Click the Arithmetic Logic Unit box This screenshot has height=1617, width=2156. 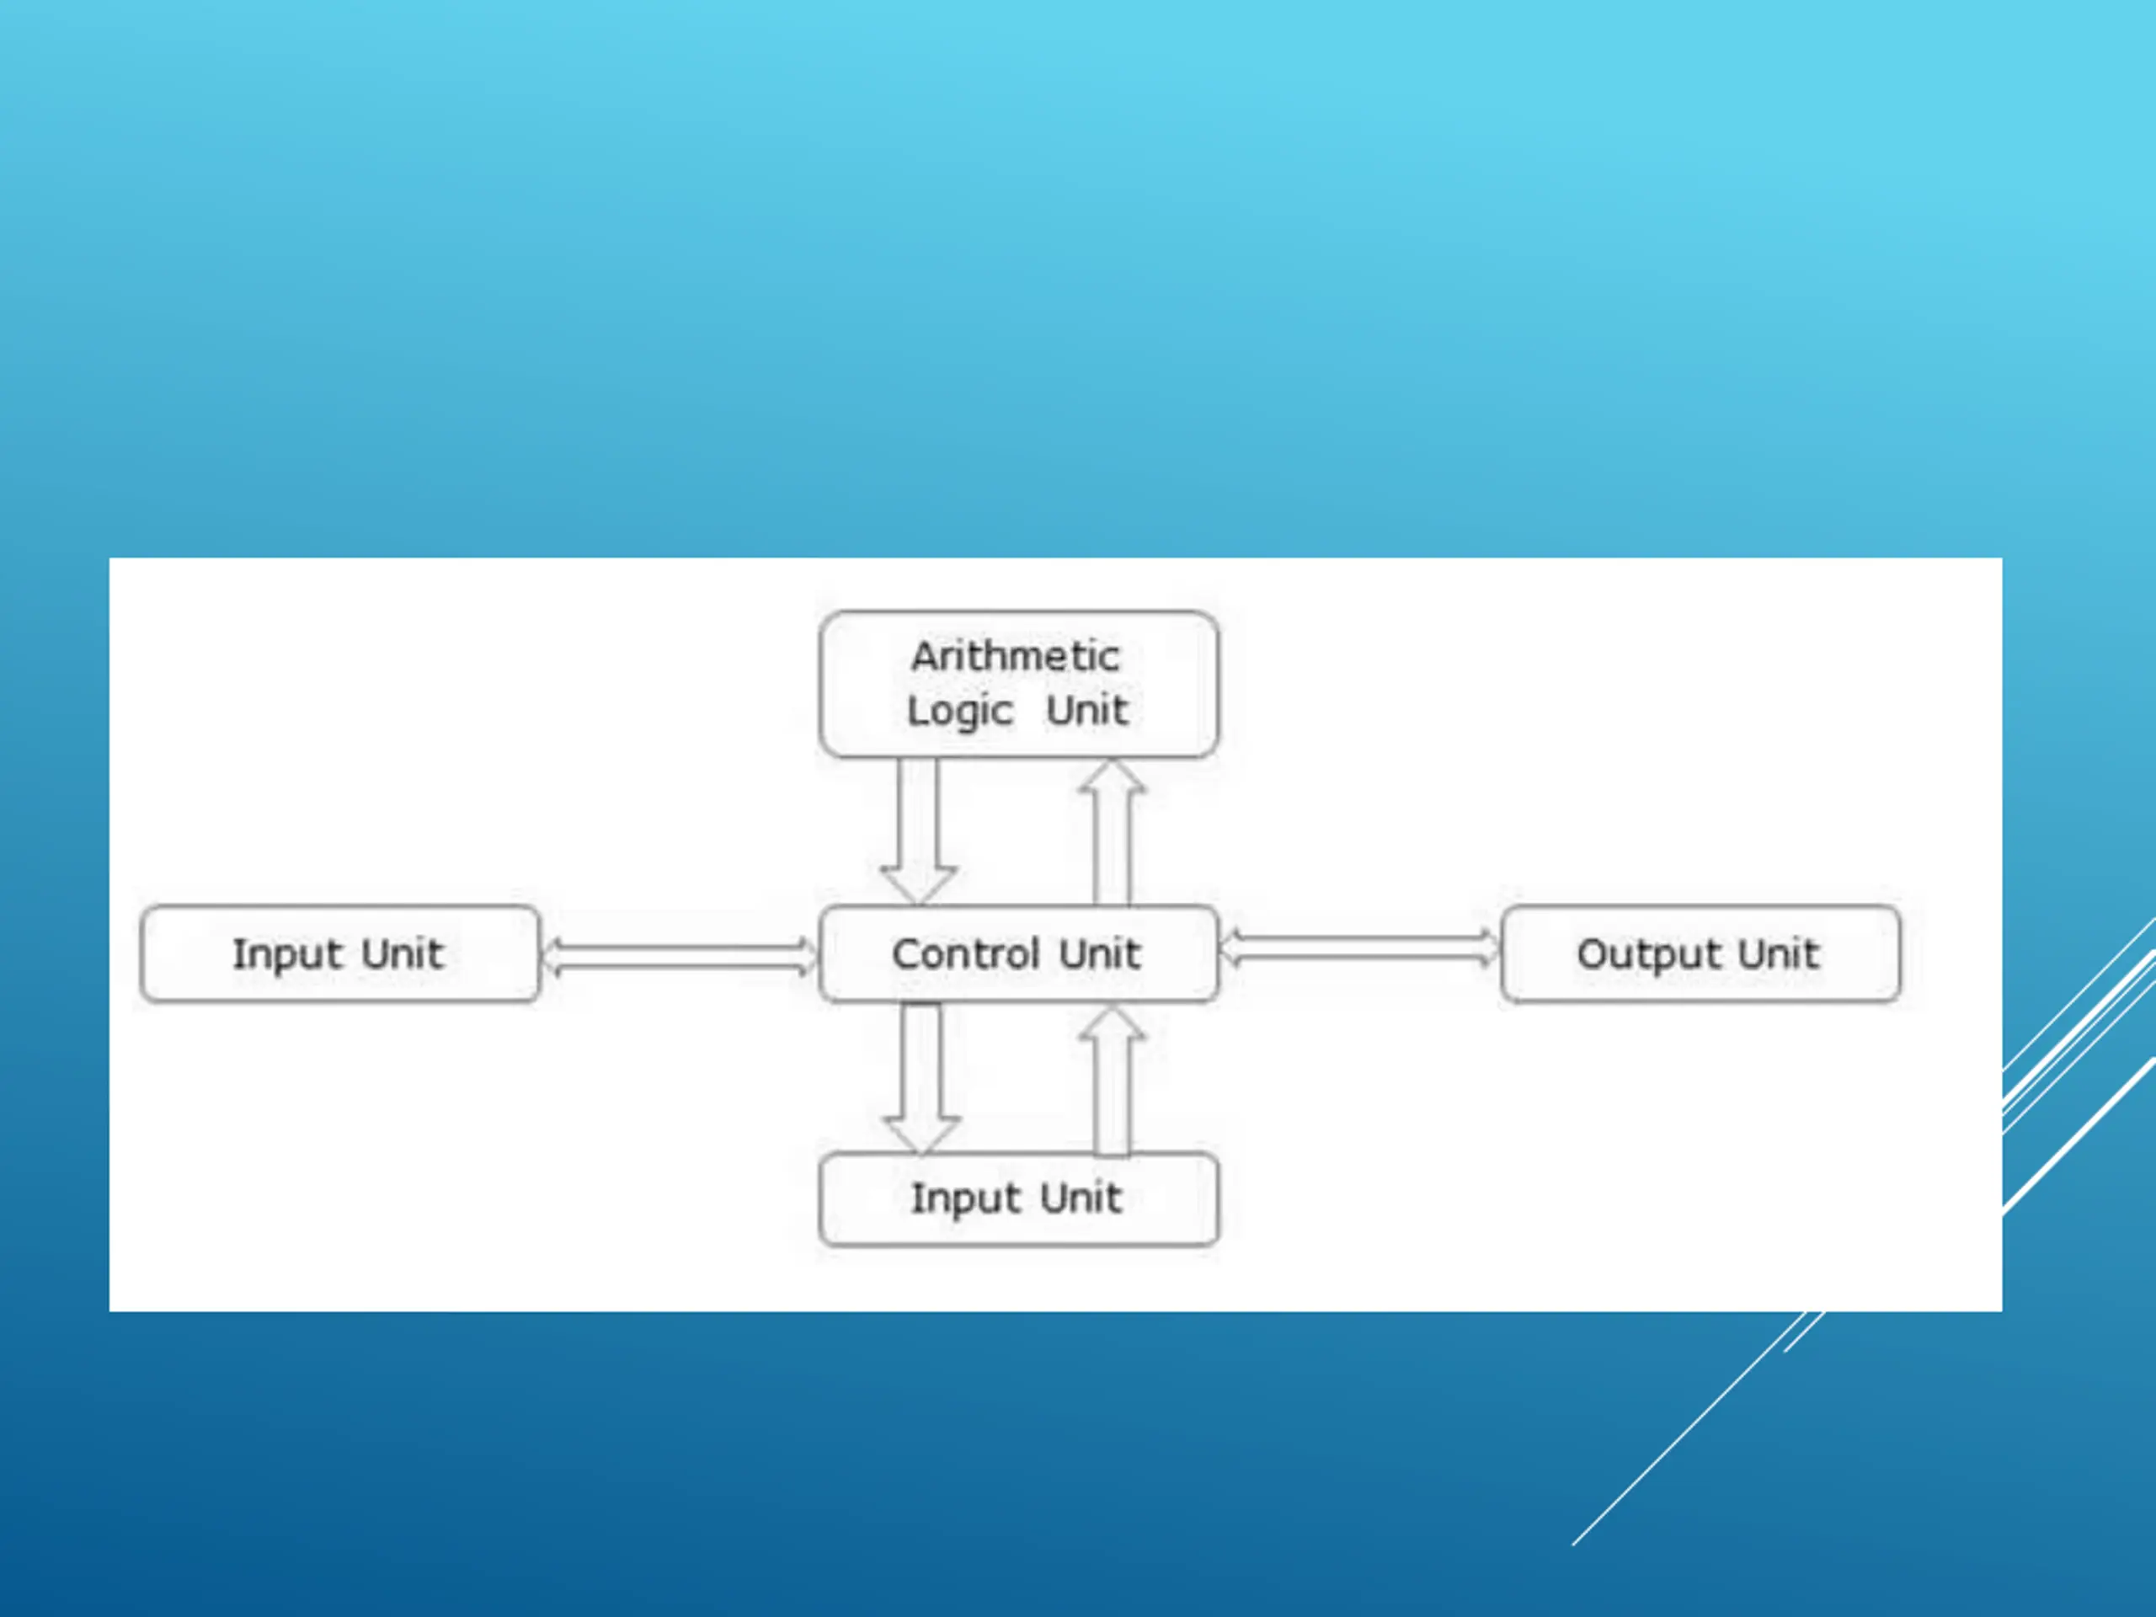pos(1018,684)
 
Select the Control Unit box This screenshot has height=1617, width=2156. pos(1018,953)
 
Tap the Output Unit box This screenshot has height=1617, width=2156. pos(1700,953)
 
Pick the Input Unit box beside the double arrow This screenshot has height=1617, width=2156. pos(339,953)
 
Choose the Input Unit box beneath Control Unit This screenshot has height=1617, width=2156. pos(1018,1199)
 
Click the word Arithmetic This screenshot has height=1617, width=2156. pos(1016,656)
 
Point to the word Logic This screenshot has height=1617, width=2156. pos(960,712)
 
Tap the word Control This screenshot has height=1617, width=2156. pos(966,953)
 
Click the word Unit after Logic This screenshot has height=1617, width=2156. pos(1086,710)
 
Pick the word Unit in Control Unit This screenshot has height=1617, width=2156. pos(1099,953)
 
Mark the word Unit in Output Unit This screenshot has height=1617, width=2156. pos(1778,953)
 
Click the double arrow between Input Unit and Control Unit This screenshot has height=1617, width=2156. pos(680,955)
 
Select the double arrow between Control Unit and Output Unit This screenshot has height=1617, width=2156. pos(1359,948)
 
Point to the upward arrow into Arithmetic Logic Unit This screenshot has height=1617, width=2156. pos(1113,831)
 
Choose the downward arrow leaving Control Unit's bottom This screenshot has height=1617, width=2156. pos(921,1078)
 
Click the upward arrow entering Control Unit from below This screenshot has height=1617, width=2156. pos(1113,1079)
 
